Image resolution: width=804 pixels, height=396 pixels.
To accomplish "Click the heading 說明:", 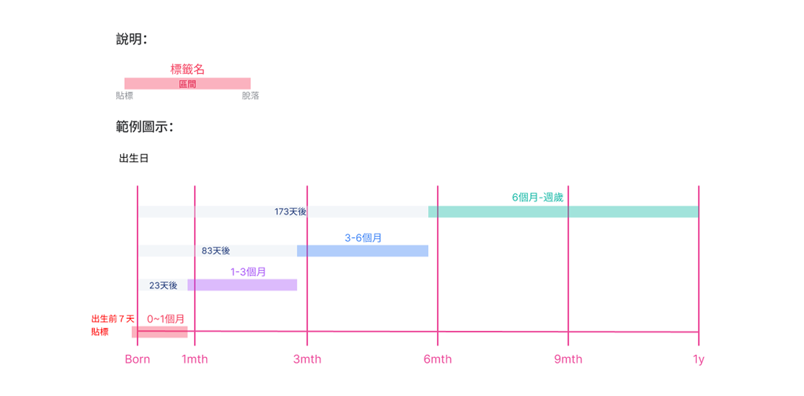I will coord(131,40).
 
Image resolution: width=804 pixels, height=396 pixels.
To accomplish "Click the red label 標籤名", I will coord(187,69).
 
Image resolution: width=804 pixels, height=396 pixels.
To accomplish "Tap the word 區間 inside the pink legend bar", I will coord(187,84).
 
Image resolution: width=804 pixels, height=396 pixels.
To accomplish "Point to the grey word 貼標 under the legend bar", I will coord(124,96).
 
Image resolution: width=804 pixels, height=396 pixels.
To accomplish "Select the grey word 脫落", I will coord(250,96).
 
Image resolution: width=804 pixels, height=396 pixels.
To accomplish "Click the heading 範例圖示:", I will coord(144,127).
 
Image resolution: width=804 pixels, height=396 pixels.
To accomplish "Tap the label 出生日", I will coord(134,159).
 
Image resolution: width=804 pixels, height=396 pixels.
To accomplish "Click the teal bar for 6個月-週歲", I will coord(563,212).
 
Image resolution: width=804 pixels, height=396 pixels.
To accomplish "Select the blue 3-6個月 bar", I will coord(362,251).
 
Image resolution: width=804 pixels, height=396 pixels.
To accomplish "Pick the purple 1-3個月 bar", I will coord(242,285).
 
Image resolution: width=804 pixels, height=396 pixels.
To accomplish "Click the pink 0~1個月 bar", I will coord(160,332).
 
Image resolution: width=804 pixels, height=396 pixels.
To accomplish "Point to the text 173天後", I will coord(290,212).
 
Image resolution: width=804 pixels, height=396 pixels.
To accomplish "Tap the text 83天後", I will coord(216,251).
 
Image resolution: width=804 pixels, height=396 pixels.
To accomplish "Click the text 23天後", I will coord(163,286).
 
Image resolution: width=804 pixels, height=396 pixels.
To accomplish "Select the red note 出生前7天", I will coord(113,319).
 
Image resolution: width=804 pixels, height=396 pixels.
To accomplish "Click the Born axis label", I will coord(137,360).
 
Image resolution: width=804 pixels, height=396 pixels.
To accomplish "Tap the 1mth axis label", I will coord(195,360).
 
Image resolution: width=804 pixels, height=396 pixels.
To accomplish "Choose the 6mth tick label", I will coord(437,360).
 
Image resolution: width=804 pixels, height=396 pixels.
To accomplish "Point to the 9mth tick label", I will coord(568,360).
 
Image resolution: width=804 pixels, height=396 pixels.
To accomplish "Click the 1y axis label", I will coord(698,360).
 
